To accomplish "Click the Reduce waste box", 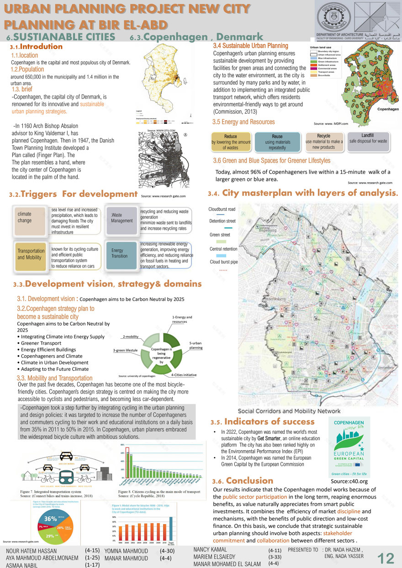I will point(231,142).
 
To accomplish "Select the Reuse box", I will point(277,142).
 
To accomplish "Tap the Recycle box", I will point(324,141).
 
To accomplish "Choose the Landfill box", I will point(368,139).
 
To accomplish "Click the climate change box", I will point(30,218).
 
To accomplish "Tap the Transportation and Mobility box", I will point(31,254).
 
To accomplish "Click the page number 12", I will point(386,557).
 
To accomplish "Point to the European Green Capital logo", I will point(349,447).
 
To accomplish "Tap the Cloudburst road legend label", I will point(222,209).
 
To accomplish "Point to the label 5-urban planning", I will point(196,345).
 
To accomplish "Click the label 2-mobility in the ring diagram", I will point(130,337).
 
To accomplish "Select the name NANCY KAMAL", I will point(210,549).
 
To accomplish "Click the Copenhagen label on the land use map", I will point(387,110).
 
